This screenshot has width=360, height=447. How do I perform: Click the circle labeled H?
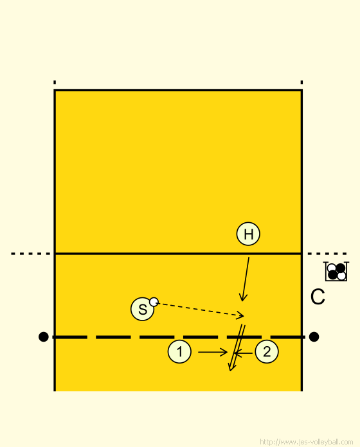click(248, 234)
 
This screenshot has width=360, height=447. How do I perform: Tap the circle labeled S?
click(142, 309)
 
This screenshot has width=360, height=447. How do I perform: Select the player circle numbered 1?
click(179, 351)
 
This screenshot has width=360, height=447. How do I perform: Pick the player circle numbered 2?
click(267, 351)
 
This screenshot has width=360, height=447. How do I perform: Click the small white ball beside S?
click(154, 302)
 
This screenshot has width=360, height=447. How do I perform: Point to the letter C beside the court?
click(318, 297)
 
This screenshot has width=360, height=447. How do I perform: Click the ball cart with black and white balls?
click(336, 272)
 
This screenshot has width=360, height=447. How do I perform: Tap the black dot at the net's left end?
click(43, 337)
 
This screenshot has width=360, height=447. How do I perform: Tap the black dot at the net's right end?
click(314, 337)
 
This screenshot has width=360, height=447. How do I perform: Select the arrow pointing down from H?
click(246, 279)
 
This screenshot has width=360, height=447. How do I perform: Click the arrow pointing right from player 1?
click(213, 353)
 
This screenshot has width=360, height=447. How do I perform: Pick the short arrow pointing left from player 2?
click(244, 353)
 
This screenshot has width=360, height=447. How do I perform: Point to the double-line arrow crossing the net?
click(237, 347)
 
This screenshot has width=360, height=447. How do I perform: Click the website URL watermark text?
click(307, 442)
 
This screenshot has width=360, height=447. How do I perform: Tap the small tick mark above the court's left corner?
click(55, 82)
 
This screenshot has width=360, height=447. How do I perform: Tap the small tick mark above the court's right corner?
click(301, 82)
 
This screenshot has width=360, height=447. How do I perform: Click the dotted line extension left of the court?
click(30, 254)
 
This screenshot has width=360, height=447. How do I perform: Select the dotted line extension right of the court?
click(327, 254)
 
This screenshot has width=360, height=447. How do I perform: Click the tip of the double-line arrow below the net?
click(230, 371)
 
